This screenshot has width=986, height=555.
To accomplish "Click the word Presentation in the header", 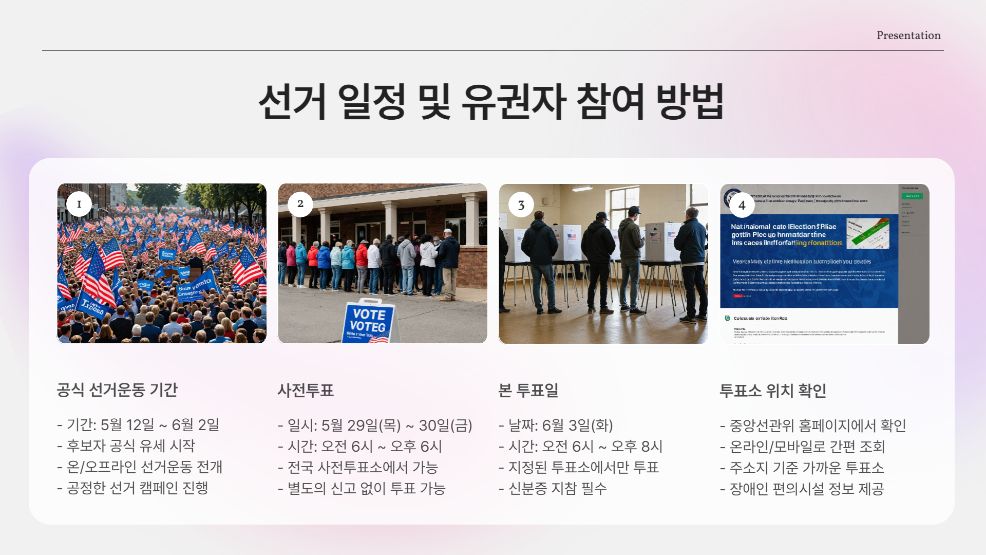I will click(908, 35).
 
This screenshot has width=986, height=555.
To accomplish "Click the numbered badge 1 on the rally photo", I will click(79, 204).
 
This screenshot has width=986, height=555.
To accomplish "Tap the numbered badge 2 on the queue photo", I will click(300, 204).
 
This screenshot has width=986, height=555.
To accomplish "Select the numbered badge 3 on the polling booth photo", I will click(521, 205).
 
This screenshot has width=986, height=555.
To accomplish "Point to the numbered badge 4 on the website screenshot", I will click(742, 205).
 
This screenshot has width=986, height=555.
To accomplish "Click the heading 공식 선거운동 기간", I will click(117, 390).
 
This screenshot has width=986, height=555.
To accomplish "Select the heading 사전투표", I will click(306, 391).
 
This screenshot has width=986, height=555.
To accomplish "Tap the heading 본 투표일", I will click(528, 391).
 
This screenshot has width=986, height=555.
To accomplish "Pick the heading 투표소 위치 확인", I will click(773, 391).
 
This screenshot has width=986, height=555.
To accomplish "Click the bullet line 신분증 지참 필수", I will click(557, 488).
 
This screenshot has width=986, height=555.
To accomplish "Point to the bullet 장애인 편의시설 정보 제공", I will click(806, 489).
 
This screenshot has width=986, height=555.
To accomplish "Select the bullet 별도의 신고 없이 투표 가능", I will click(366, 488).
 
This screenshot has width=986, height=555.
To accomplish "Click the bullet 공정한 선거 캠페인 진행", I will click(137, 488).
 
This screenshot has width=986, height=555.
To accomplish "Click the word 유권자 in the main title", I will click(514, 101).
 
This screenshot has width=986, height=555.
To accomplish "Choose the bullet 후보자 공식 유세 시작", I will click(130, 446).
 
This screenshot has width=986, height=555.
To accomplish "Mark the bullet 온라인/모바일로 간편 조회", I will click(807, 447).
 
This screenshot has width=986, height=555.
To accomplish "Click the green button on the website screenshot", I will click(912, 196).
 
